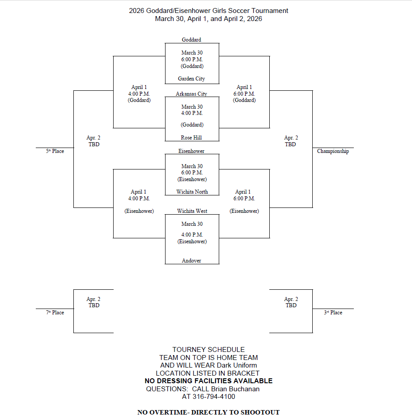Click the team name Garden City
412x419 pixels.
[191, 79]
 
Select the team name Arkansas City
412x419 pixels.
[191, 94]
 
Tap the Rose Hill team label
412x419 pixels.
[191, 138]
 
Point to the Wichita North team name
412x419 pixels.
[192, 192]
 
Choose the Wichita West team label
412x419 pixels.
[192, 211]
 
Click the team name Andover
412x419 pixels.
[191, 261]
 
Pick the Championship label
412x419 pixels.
[333, 151]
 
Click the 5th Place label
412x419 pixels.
[55, 151]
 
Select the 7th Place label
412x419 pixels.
[55, 313]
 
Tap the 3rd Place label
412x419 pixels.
[333, 313]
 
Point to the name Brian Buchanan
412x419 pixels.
[235, 389]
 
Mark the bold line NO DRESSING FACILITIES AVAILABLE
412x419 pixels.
[208, 381]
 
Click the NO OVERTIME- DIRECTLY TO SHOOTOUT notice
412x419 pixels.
[208, 412]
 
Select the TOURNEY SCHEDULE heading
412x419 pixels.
[208, 350]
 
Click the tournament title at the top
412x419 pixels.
[208, 11]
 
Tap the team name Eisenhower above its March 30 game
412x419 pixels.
[191, 151]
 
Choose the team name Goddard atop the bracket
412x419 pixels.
[191, 40]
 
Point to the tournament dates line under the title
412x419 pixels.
[208, 19]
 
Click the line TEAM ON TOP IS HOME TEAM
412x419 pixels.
[208, 358]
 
